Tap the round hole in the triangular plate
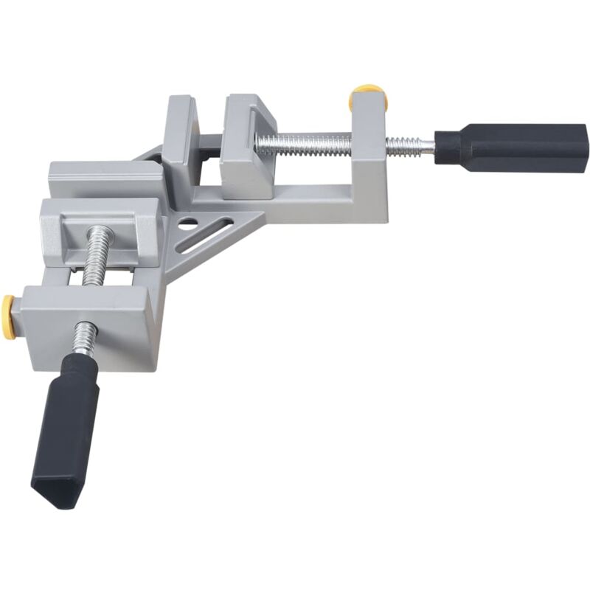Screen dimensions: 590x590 pos(190,221)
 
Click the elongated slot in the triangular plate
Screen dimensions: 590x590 pos(206,236)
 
